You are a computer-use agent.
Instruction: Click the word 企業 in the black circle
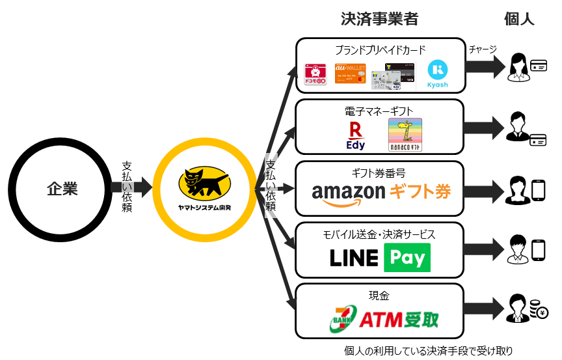click(x=62, y=189)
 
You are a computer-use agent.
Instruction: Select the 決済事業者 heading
click(x=379, y=19)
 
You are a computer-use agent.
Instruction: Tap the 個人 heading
click(x=519, y=19)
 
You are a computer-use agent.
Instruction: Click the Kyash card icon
click(x=437, y=76)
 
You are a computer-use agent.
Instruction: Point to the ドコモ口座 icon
click(x=317, y=76)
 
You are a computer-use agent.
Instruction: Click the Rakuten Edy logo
click(x=355, y=135)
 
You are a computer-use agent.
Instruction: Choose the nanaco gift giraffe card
click(x=405, y=135)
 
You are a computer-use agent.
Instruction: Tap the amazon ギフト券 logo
click(x=381, y=192)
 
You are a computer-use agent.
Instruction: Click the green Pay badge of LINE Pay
click(x=407, y=258)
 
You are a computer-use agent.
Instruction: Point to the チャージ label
click(x=483, y=49)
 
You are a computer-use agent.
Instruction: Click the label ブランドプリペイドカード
click(x=381, y=49)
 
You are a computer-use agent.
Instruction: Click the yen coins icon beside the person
click(x=537, y=310)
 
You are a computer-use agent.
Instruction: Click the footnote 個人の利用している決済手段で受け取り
click(x=428, y=351)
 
